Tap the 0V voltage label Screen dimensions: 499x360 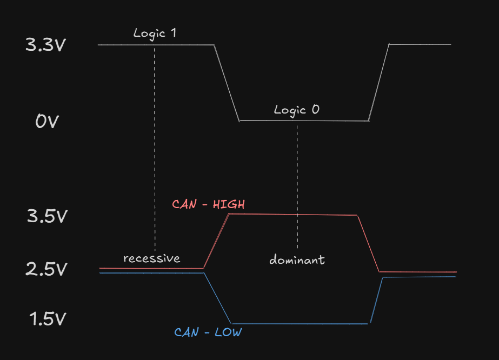(x=46, y=122)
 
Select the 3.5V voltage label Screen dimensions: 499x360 (x=47, y=216)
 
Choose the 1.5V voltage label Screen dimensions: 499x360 (x=47, y=319)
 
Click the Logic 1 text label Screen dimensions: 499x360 (x=155, y=33)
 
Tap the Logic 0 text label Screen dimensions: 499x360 (x=296, y=110)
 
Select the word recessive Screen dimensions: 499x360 (x=151, y=258)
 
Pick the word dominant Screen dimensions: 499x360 (x=297, y=260)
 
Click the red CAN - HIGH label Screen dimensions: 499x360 (x=208, y=204)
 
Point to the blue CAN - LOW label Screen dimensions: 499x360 (x=208, y=332)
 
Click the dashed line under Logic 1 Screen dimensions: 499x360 (x=155, y=146)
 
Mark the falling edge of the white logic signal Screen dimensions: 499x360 (x=227, y=83)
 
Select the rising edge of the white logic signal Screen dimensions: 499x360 (x=378, y=82)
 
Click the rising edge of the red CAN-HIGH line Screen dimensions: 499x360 (x=216, y=241)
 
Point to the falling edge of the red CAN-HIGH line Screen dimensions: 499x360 (x=368, y=243)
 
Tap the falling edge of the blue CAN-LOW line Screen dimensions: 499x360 (x=218, y=298)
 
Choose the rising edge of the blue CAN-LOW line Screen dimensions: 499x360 (x=376, y=300)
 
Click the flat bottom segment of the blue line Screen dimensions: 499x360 (x=300, y=324)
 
